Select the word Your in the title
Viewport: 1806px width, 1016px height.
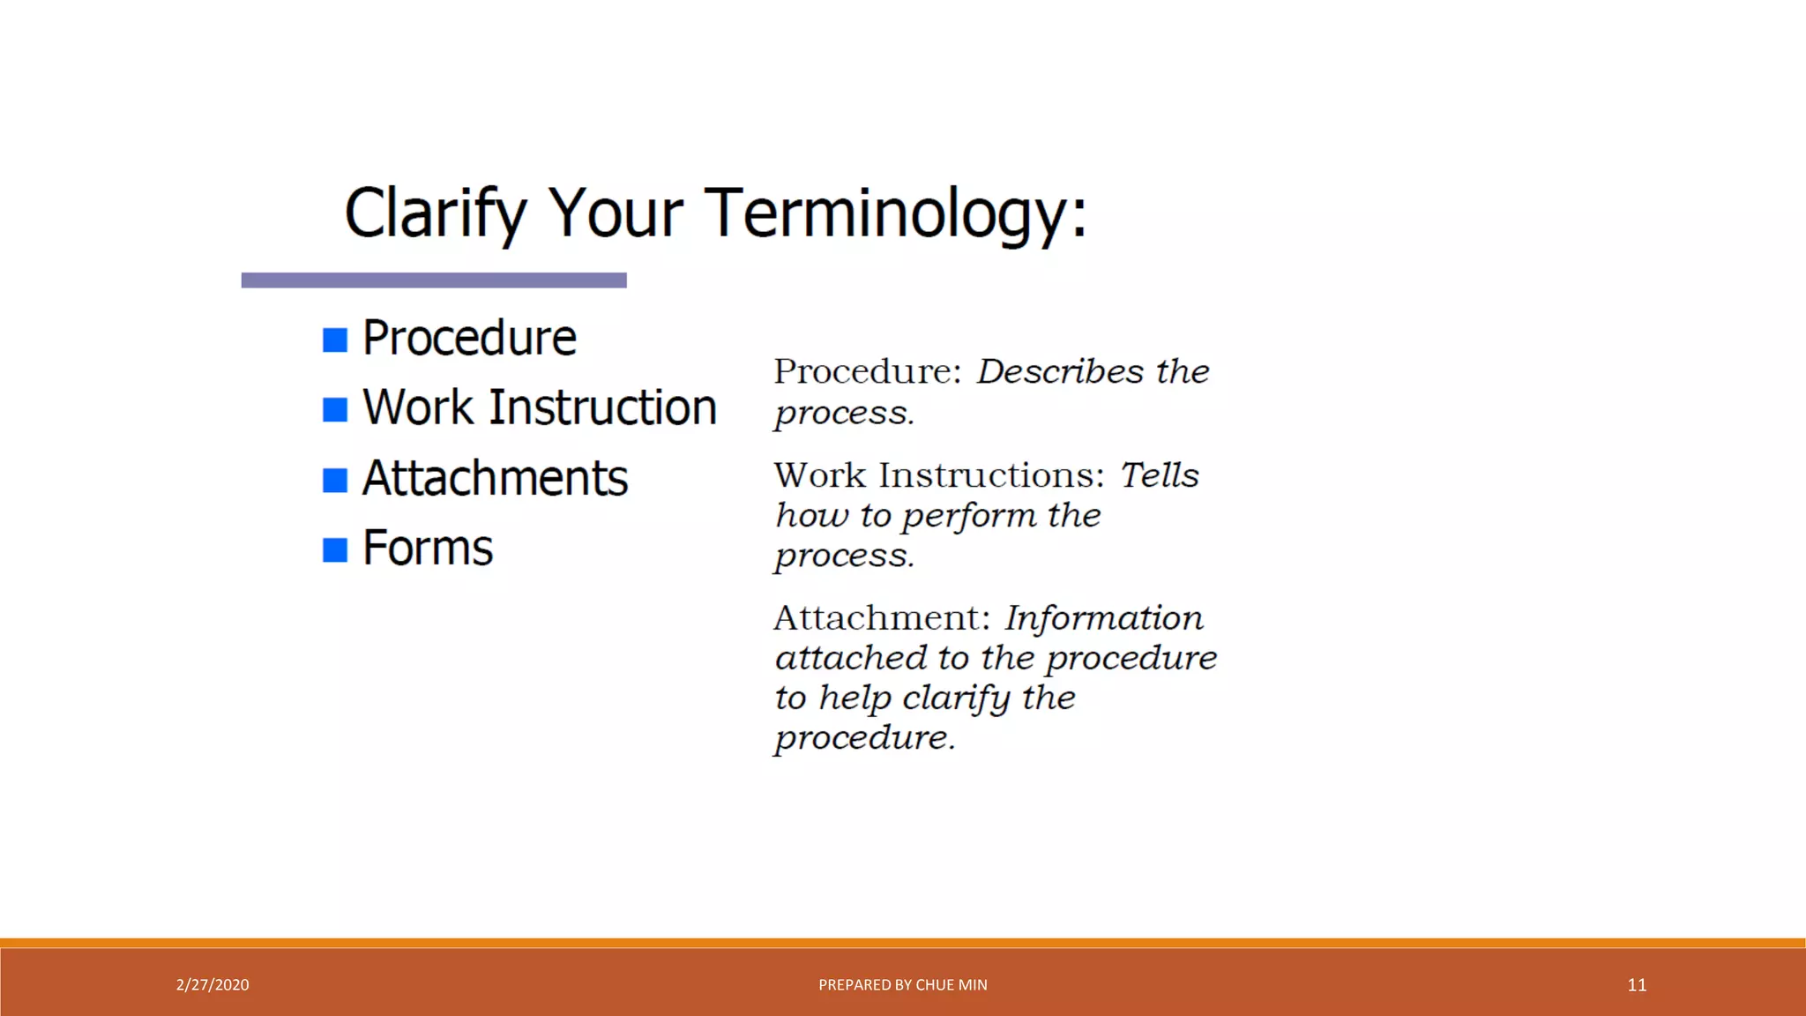coord(615,213)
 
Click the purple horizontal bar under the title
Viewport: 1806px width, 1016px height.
coord(434,280)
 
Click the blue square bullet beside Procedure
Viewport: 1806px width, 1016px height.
coord(335,340)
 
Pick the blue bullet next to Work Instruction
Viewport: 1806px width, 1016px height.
coord(335,409)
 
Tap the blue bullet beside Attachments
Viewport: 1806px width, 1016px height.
coord(335,480)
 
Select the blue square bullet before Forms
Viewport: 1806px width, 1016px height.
coord(335,549)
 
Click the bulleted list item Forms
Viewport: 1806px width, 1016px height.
coord(428,548)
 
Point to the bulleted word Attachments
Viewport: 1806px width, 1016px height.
coord(495,478)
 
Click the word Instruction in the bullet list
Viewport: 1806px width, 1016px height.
coord(602,407)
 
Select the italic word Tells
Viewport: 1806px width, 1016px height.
coord(1159,475)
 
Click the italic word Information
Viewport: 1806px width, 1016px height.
coord(1103,617)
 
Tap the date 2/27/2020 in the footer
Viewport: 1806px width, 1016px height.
coord(213,985)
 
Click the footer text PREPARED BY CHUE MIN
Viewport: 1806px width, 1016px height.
coord(902,985)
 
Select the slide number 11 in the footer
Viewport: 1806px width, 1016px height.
coord(1637,985)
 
